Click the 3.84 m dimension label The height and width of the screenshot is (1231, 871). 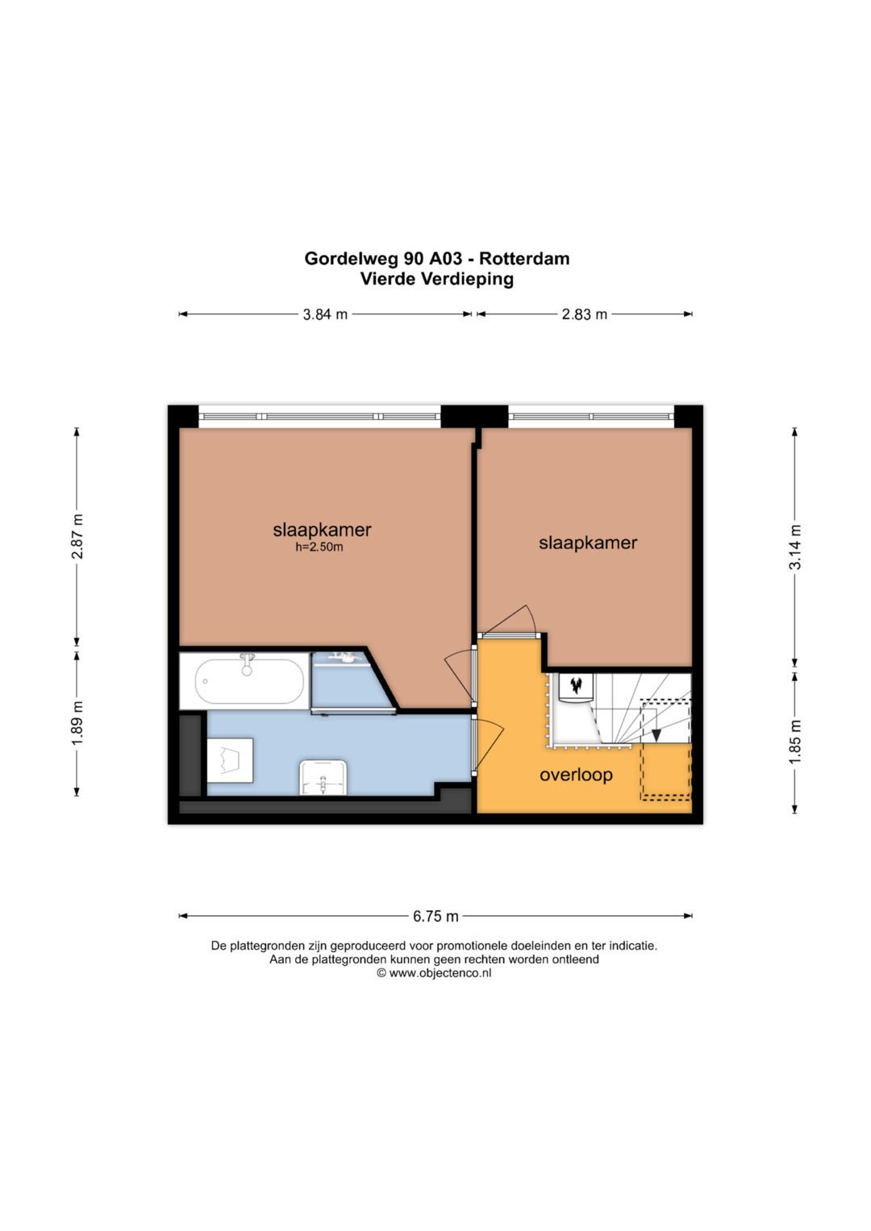(325, 314)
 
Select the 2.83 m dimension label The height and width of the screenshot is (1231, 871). (584, 314)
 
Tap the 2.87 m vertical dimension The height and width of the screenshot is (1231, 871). (77, 536)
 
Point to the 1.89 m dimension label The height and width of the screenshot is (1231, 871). (77, 724)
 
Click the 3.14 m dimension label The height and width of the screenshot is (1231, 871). (795, 547)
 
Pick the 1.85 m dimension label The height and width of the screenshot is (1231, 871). (795, 742)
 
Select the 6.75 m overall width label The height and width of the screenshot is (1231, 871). (435, 916)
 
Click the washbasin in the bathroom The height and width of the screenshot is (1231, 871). (323, 777)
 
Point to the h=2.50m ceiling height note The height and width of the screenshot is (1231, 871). (319, 547)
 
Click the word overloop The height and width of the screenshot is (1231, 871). (576, 776)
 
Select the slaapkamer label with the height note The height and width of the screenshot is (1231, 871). (323, 530)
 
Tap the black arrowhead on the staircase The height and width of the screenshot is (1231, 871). (656, 735)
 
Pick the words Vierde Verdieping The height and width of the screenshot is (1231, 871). (437, 279)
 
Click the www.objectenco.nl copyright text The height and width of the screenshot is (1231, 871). (434, 973)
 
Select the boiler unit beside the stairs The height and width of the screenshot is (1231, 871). (577, 688)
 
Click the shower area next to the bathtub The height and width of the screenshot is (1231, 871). (352, 681)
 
